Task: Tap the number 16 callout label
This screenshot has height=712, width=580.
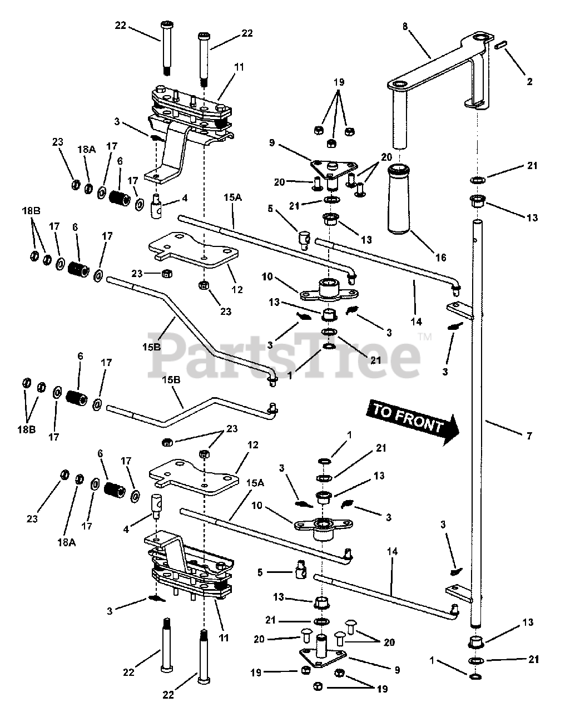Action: (440, 258)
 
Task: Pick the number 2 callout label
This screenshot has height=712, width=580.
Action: (529, 81)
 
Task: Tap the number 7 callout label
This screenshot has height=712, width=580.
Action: (528, 436)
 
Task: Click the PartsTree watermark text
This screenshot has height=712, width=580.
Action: (284, 353)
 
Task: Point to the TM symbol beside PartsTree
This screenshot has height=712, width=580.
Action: (425, 337)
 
